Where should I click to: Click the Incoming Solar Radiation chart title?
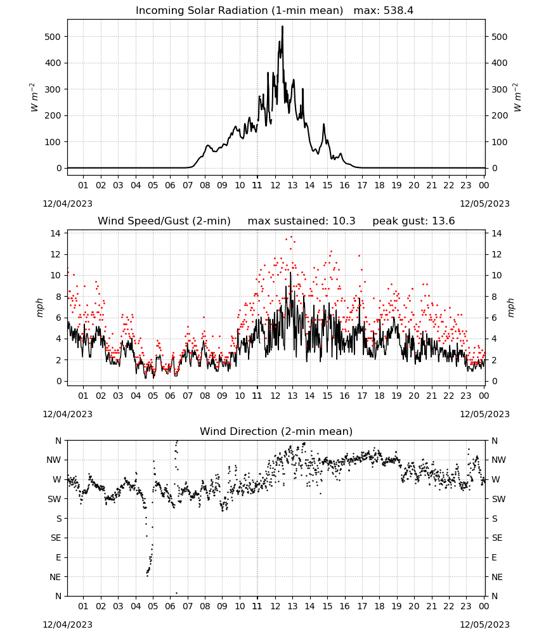point(239,11)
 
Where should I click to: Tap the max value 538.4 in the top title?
point(398,11)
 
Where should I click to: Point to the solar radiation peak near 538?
point(282,27)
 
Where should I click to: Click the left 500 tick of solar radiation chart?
point(53,37)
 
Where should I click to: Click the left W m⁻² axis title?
point(34,98)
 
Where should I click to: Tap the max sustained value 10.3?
point(344,221)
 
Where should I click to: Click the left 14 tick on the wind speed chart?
point(55,233)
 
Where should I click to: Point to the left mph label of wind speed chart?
point(39,307)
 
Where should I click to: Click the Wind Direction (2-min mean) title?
point(276,431)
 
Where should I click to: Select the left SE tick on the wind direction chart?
point(56,538)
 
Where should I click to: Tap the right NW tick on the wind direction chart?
point(498,460)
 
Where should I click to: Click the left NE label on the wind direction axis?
point(55,577)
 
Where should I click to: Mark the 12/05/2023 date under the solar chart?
point(484,204)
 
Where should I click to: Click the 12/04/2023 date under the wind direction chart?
point(67,624)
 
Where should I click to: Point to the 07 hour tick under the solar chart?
point(188,185)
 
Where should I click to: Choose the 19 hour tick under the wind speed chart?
point(397,396)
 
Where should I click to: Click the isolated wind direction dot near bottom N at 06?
point(176,593)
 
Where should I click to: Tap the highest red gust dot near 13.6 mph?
point(292,237)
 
